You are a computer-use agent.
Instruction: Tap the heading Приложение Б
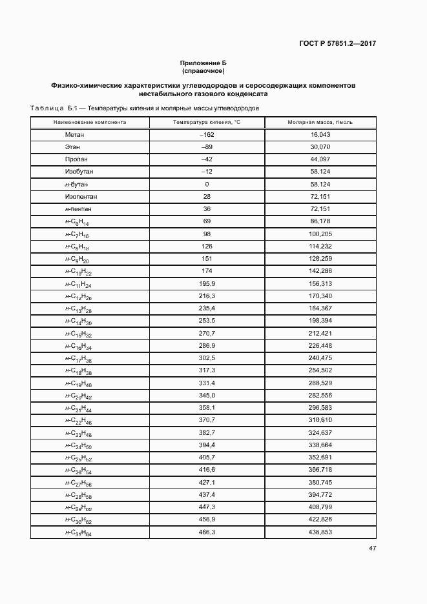(x=203, y=63)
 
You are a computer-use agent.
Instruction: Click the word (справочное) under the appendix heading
(x=203, y=70)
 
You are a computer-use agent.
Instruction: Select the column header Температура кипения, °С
(x=207, y=122)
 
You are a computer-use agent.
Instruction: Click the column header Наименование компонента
(x=90, y=122)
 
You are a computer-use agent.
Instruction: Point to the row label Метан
(x=75, y=135)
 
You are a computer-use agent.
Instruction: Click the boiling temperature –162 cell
(x=207, y=135)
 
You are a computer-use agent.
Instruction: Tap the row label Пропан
(x=76, y=159)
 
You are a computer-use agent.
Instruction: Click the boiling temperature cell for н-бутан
(x=207, y=185)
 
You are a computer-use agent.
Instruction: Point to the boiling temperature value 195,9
(x=207, y=283)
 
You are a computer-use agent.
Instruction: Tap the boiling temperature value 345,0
(x=207, y=395)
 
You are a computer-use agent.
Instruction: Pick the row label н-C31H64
(x=78, y=533)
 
